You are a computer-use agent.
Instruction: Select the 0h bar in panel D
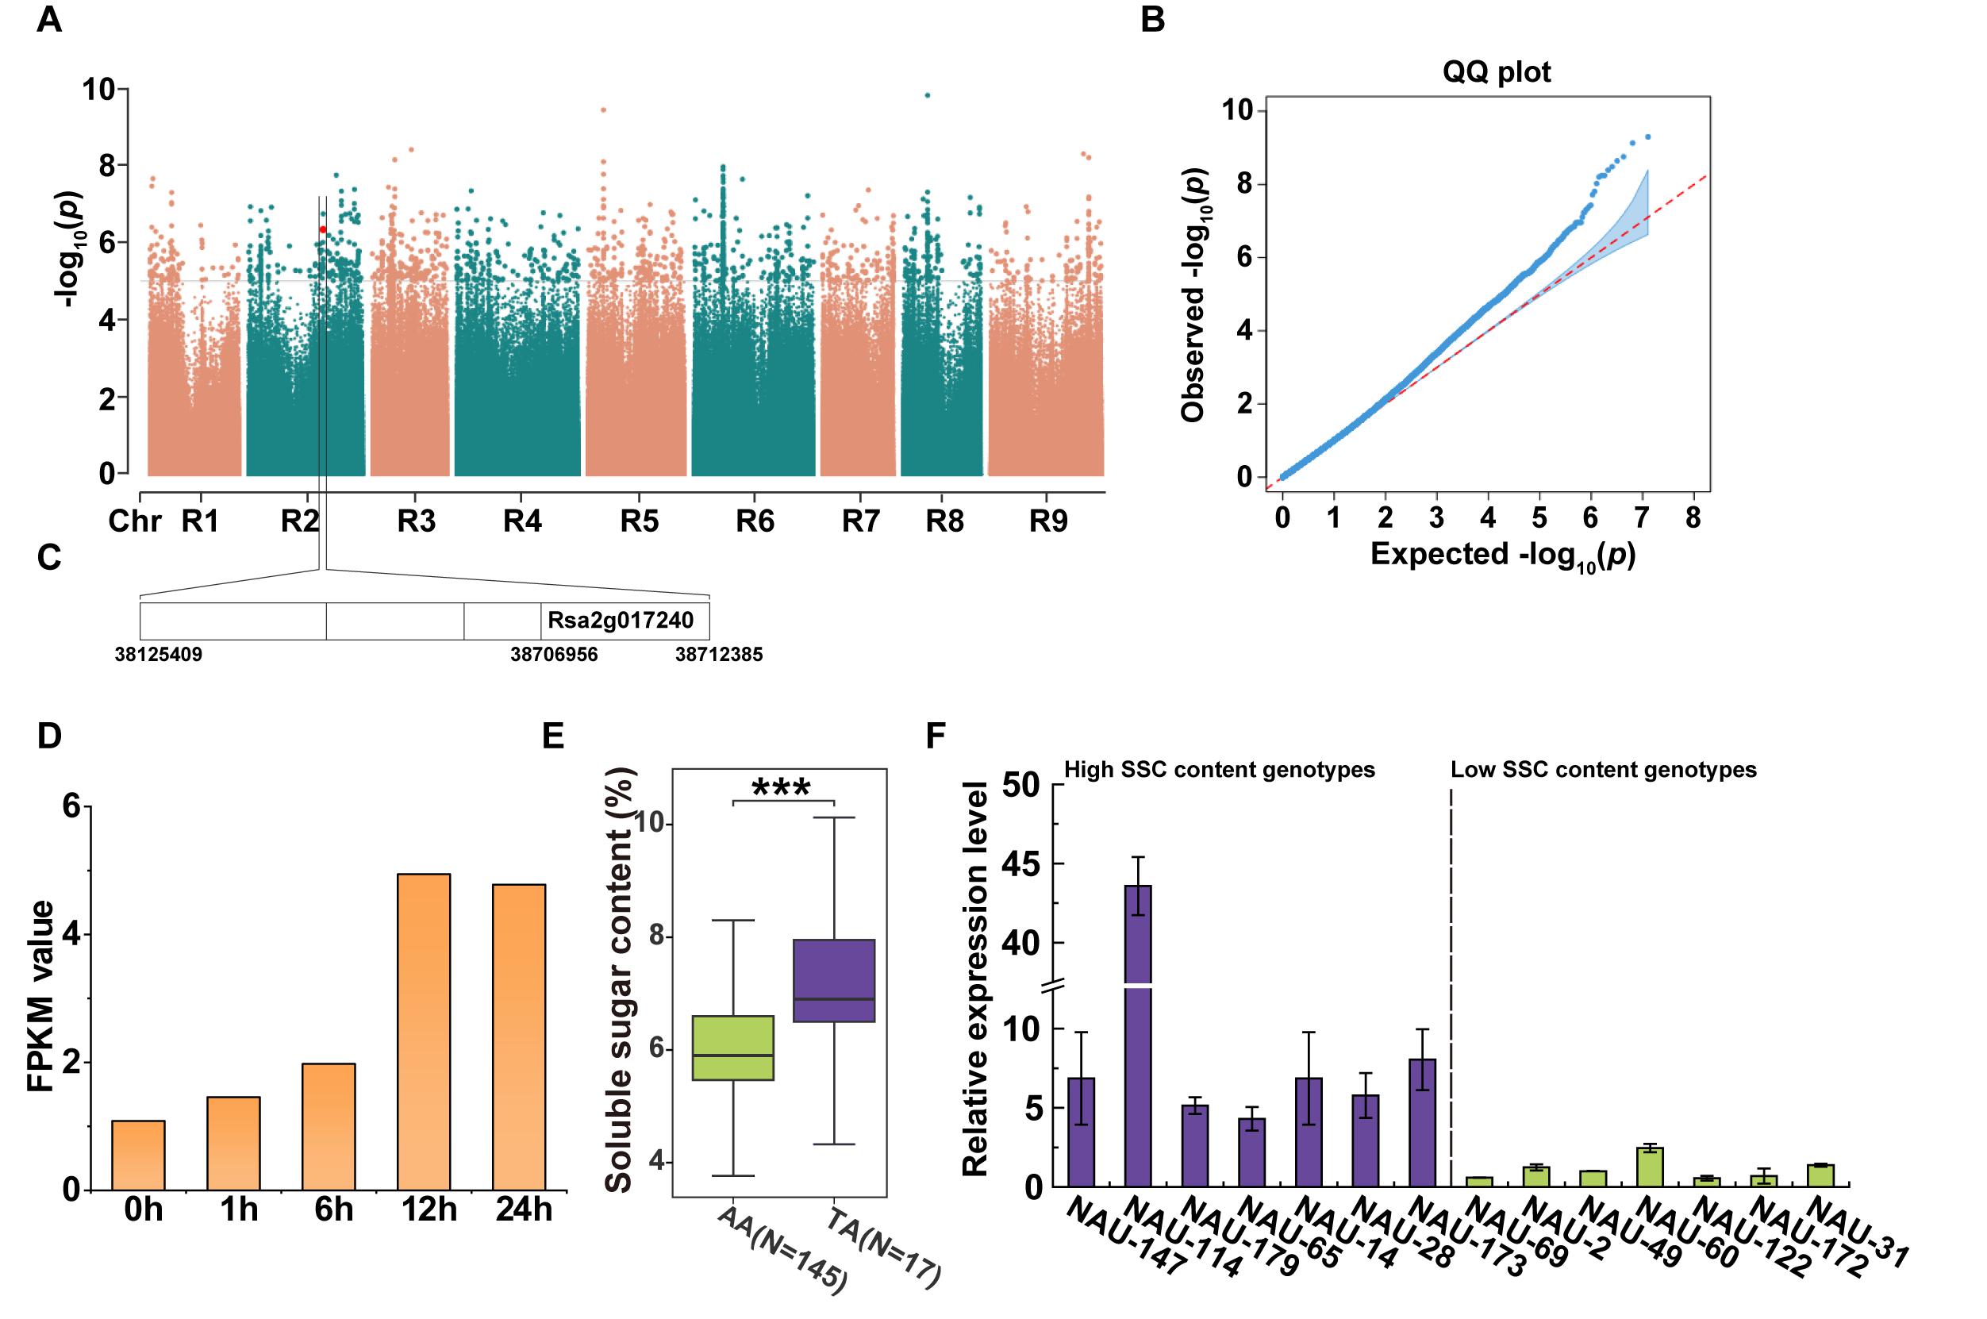[x=138, y=1155]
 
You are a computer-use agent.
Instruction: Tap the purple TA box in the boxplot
[x=834, y=980]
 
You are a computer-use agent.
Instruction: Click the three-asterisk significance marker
[x=781, y=788]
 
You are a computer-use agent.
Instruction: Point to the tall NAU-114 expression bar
[x=1138, y=1035]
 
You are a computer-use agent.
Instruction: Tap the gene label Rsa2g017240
[x=621, y=621]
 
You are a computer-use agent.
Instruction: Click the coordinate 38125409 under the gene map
[x=159, y=655]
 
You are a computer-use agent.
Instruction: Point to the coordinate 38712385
[x=719, y=655]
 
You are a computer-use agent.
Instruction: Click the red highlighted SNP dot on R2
[x=322, y=229]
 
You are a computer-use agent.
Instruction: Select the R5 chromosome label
[x=639, y=521]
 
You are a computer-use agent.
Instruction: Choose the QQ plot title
[x=1497, y=72]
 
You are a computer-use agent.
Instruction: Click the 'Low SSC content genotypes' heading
[x=1604, y=770]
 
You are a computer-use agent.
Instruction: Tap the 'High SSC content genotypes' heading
[x=1220, y=770]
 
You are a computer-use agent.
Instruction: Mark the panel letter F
[x=936, y=736]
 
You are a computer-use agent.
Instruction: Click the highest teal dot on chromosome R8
[x=927, y=95]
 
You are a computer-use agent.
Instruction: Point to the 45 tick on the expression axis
[x=1021, y=864]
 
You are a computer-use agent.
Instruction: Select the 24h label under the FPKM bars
[x=524, y=1209]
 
